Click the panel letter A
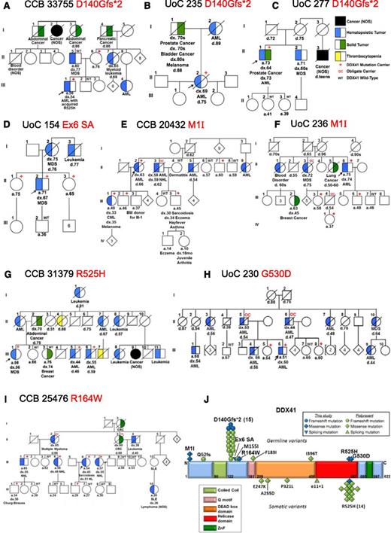pos(5,6)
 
